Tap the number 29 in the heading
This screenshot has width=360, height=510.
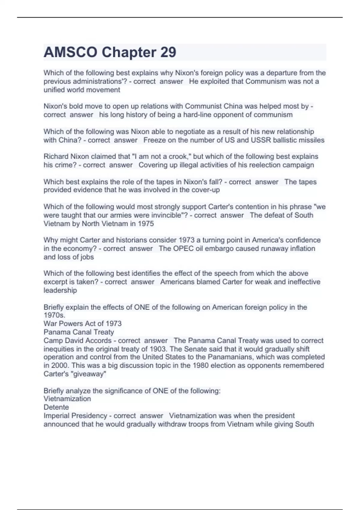[x=168, y=52]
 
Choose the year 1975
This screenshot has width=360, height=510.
[x=146, y=223]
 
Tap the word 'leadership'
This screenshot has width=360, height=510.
[x=60, y=290]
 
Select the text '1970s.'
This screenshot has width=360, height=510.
[x=54, y=315]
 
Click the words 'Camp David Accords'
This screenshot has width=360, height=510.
[x=77, y=340]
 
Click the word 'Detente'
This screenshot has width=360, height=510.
[x=56, y=407]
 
